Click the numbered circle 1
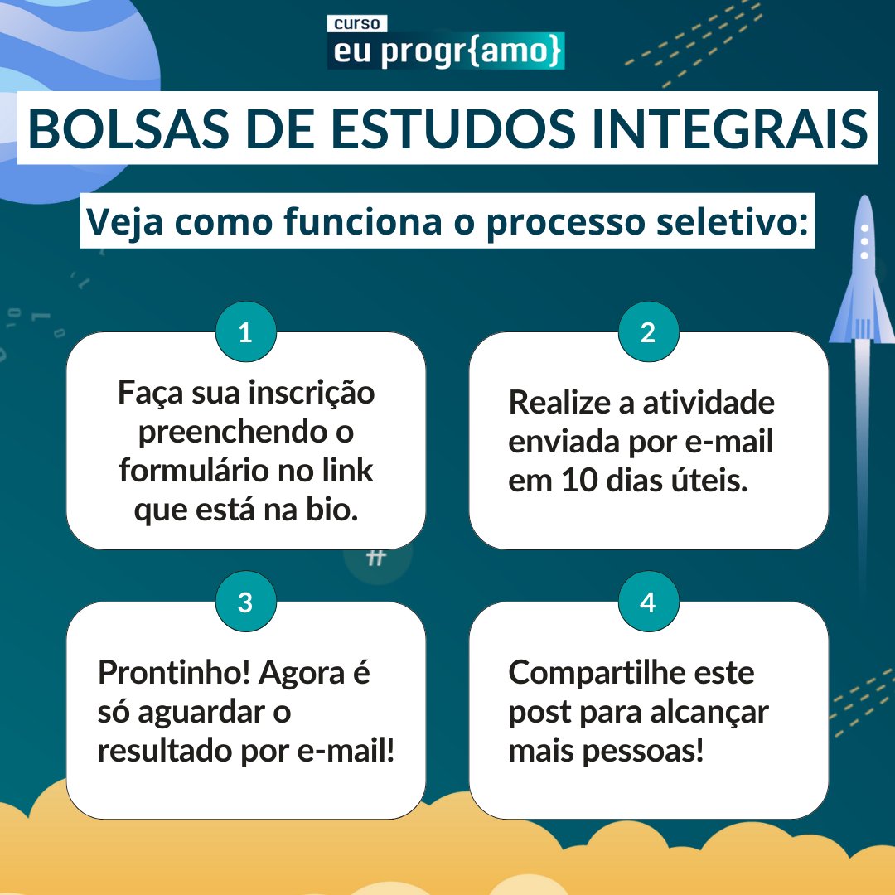(x=245, y=333)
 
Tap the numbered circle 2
(x=648, y=333)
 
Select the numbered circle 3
(x=245, y=602)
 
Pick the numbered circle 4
(x=648, y=602)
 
